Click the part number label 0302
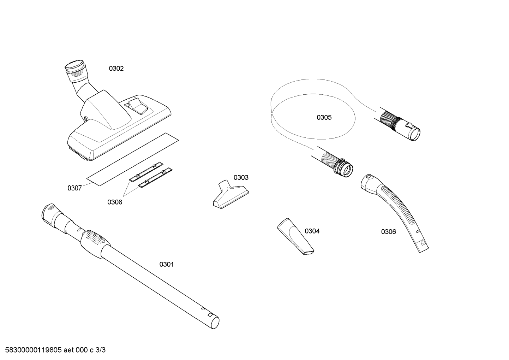[x=116, y=69]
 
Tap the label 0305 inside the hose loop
[x=324, y=117]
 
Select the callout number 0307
[x=74, y=188]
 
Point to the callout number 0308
[x=115, y=202]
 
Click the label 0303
[x=241, y=177]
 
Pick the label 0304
[x=312, y=231]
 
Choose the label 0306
[x=389, y=232]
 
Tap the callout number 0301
[x=167, y=264]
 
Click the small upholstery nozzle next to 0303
[x=230, y=193]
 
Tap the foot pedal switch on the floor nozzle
[x=137, y=106]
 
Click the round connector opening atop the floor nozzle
[x=74, y=65]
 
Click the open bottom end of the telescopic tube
[x=215, y=323]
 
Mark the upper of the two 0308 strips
[x=146, y=172]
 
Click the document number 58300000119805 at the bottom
[x=34, y=350]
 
